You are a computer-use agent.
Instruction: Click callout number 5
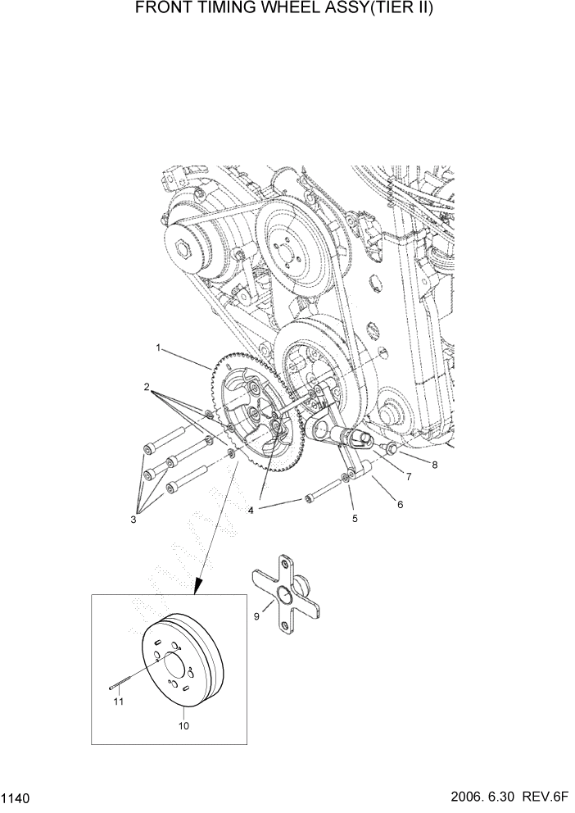pos(355,518)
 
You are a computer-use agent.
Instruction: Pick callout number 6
pos(399,505)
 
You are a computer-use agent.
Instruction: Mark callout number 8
pos(435,464)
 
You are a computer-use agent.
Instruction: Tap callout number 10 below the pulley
pos(183,724)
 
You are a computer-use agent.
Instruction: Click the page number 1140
pos(17,797)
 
